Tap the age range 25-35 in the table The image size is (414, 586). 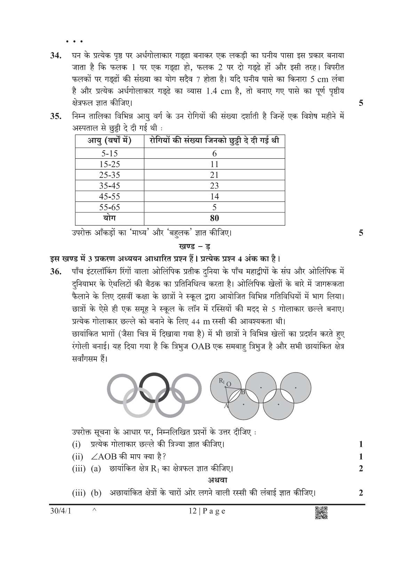click(x=109, y=175)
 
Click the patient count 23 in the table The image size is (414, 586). click(x=214, y=186)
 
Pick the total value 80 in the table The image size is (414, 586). click(x=214, y=219)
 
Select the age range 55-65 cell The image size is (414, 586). click(x=109, y=208)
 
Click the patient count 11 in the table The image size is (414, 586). click(x=214, y=164)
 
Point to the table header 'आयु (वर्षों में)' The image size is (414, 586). click(x=109, y=141)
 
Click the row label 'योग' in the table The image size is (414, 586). click(x=109, y=218)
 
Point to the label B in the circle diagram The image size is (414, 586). click(x=243, y=392)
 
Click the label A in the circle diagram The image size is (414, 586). click(x=225, y=406)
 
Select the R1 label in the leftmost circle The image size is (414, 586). click(x=222, y=381)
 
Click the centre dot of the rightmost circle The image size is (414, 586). click(x=296, y=387)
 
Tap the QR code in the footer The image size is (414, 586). click(x=321, y=513)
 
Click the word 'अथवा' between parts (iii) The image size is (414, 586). click(x=217, y=480)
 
